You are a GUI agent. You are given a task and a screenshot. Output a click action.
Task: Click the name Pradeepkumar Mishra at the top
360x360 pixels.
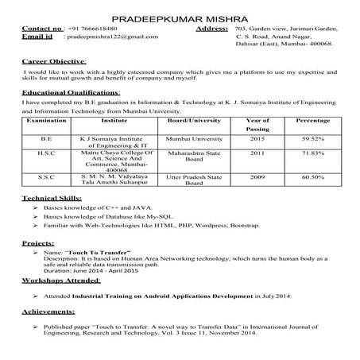point(180,17)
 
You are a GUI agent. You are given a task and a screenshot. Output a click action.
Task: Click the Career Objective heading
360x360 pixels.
point(55,61)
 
